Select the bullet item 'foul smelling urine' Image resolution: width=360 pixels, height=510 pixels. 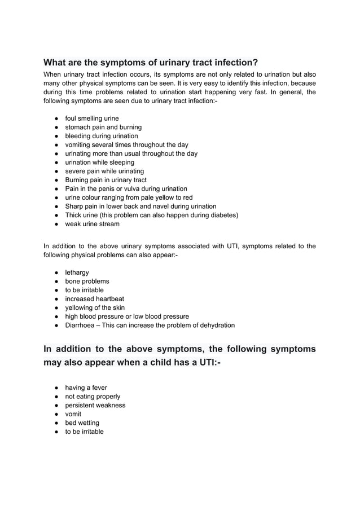[92, 118]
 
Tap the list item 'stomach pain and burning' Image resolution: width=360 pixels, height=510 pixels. [103, 128]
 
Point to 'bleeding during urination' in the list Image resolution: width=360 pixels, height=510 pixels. [102, 136]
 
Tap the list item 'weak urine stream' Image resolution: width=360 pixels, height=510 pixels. [92, 224]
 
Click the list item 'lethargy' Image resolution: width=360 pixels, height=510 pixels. [77, 272]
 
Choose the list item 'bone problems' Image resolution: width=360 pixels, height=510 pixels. [87, 281]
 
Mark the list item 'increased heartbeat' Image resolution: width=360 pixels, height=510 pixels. [94, 299]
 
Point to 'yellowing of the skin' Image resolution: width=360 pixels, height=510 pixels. [95, 307]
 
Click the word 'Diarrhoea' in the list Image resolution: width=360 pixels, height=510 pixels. [80, 325]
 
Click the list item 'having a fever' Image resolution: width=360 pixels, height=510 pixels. [86, 388]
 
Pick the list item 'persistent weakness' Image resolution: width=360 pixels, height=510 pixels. [95, 405]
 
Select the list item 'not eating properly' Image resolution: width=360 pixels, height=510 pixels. [93, 397]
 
